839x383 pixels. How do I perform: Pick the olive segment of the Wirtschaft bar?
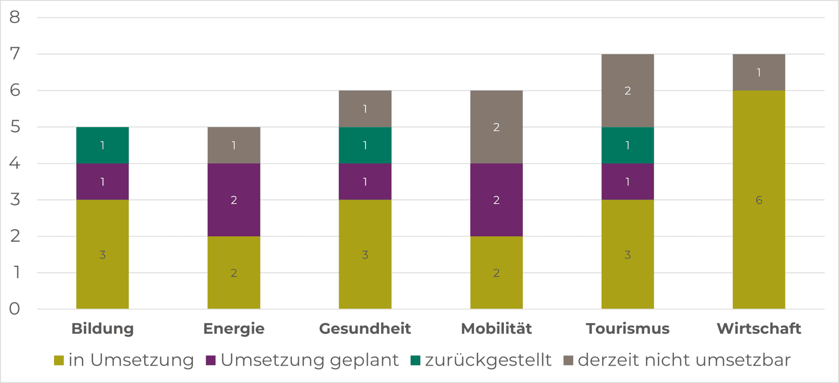point(759,229)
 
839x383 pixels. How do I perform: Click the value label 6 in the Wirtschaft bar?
point(759,200)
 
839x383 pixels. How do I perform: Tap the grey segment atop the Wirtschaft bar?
point(759,73)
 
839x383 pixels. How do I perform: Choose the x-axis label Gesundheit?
point(365,329)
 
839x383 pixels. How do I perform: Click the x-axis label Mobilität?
point(496,329)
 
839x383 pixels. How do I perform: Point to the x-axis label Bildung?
point(102,329)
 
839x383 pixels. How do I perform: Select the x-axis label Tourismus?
point(627,329)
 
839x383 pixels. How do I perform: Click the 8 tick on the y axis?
point(15,17)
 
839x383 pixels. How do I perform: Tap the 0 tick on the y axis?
point(15,309)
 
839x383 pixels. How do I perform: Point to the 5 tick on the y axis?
point(15,127)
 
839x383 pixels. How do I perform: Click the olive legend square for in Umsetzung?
point(59,360)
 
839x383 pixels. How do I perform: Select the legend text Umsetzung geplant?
point(309,360)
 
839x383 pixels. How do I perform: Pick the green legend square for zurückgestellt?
point(415,360)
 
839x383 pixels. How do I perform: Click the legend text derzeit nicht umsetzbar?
point(684,360)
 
